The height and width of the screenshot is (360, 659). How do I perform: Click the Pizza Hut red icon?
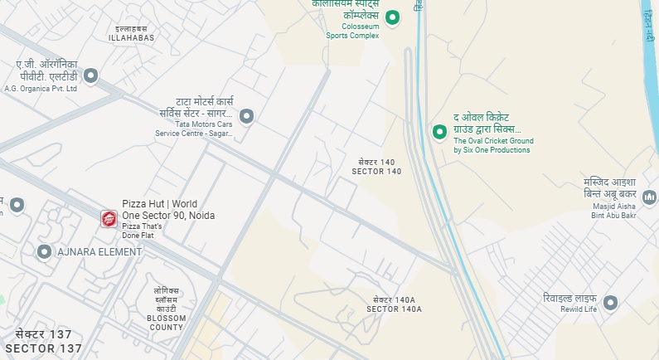pos(109,218)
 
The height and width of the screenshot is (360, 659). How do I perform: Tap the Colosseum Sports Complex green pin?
pos(394,17)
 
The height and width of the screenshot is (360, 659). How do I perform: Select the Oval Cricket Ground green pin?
pos(440,131)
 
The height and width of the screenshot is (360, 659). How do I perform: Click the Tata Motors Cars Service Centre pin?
pos(246,116)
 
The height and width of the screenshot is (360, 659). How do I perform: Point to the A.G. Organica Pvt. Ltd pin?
pos(91,76)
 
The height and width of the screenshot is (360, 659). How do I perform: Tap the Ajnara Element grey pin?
pos(44,251)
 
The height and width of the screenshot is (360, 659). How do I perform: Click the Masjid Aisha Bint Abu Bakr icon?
pos(649,197)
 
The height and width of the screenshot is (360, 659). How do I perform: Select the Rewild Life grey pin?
pos(611,303)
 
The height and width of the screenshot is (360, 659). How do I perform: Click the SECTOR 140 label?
pos(376,171)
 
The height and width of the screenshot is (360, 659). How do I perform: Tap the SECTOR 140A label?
pos(395,309)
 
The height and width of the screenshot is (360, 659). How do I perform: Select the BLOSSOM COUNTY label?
pos(166,323)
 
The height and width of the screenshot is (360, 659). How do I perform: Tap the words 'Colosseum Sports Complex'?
pos(352,31)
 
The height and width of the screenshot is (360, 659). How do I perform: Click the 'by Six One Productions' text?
pos(492,150)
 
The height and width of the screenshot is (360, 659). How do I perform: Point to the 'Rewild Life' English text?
pos(578,309)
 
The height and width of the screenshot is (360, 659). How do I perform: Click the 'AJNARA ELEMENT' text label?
pos(94,251)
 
